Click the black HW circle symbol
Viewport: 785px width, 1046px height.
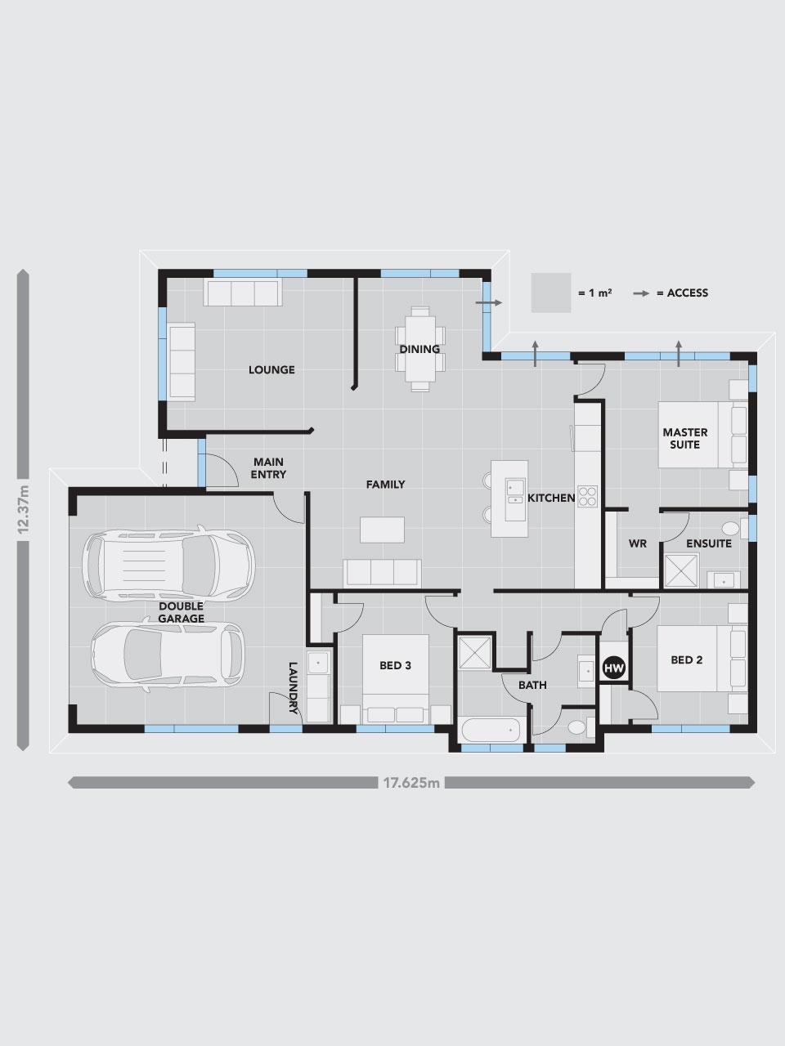point(614,668)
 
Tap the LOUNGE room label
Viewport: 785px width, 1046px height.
point(271,370)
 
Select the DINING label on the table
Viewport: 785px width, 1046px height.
point(419,349)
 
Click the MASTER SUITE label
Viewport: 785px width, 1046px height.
point(685,438)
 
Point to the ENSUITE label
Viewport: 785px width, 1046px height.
point(708,543)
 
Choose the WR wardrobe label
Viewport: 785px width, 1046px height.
point(638,543)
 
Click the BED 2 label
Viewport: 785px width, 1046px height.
point(686,660)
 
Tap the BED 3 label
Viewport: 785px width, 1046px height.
point(395,665)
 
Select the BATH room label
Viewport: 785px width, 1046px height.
point(532,685)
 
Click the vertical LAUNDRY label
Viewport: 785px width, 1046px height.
point(292,687)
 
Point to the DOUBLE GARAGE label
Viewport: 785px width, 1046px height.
point(182,613)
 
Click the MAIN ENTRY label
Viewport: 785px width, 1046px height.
point(268,468)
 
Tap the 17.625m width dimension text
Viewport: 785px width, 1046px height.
point(411,783)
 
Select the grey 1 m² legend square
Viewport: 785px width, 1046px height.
point(550,293)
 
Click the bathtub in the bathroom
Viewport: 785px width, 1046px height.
point(491,729)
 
